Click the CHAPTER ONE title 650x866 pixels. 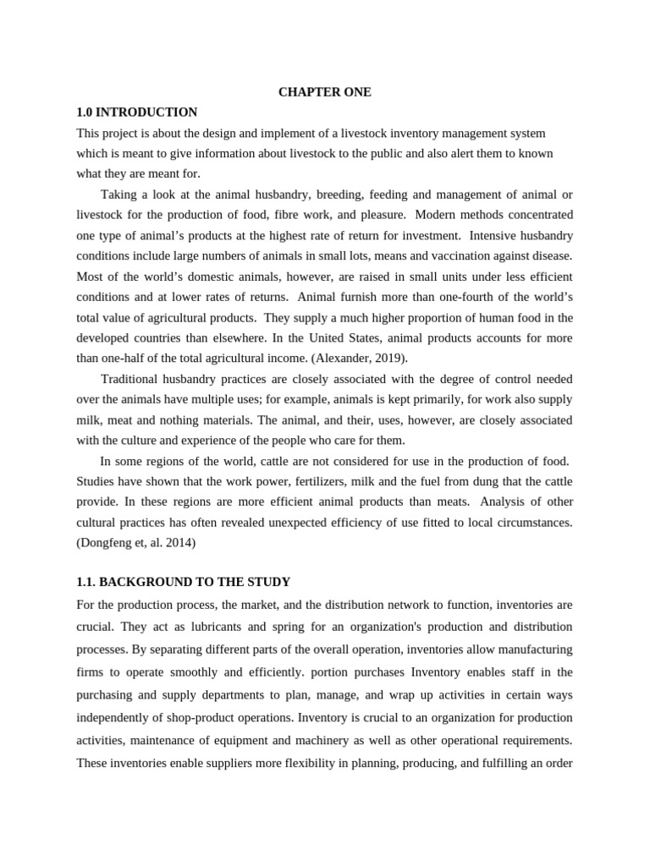tap(324, 91)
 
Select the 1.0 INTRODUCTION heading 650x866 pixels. tap(136, 112)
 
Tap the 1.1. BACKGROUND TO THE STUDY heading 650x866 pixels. tap(183, 582)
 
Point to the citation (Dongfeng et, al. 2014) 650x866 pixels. tap(135, 543)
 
